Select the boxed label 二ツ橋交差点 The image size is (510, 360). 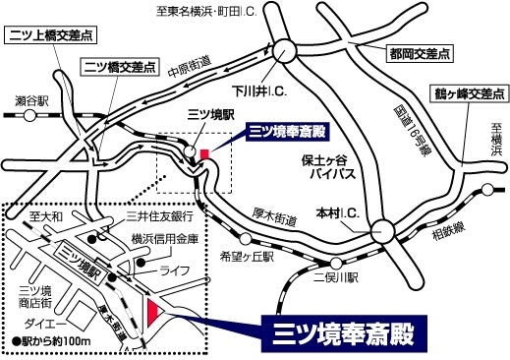point(119,68)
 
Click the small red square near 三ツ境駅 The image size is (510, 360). point(204,153)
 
